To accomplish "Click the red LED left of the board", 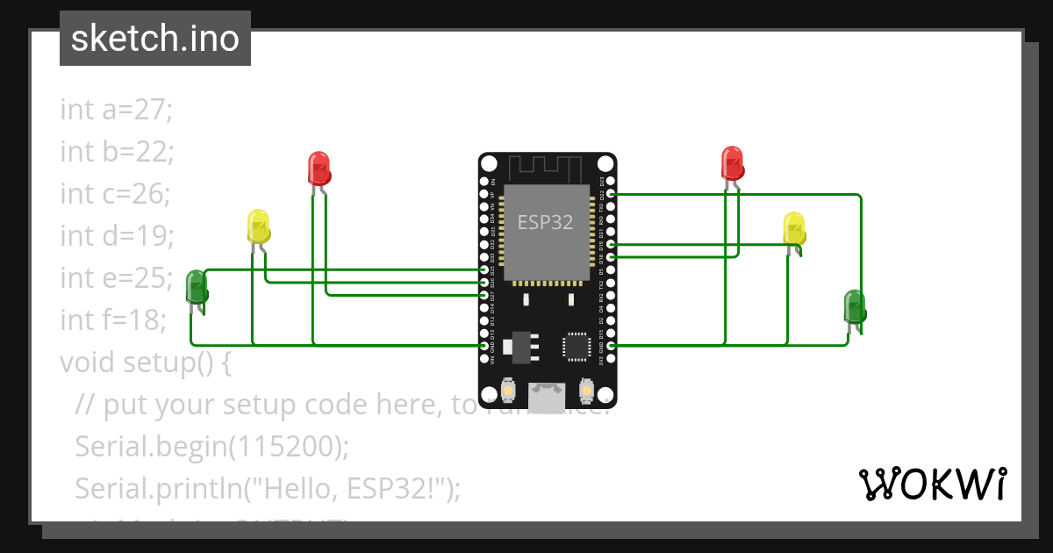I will (319, 168).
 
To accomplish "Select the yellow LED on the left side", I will (258, 226).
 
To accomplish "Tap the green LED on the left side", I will (197, 287).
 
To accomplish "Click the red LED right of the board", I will (732, 163).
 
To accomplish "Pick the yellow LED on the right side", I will (794, 228).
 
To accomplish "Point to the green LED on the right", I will (855, 306).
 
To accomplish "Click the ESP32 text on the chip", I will (545, 222).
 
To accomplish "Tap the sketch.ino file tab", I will (155, 39).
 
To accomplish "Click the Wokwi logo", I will (932, 484).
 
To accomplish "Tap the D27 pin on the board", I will (484, 295).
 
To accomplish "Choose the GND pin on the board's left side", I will (484, 346).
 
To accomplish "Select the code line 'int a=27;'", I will (117, 110).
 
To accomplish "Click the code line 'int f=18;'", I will (113, 320).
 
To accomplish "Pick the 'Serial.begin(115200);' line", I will (211, 446).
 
